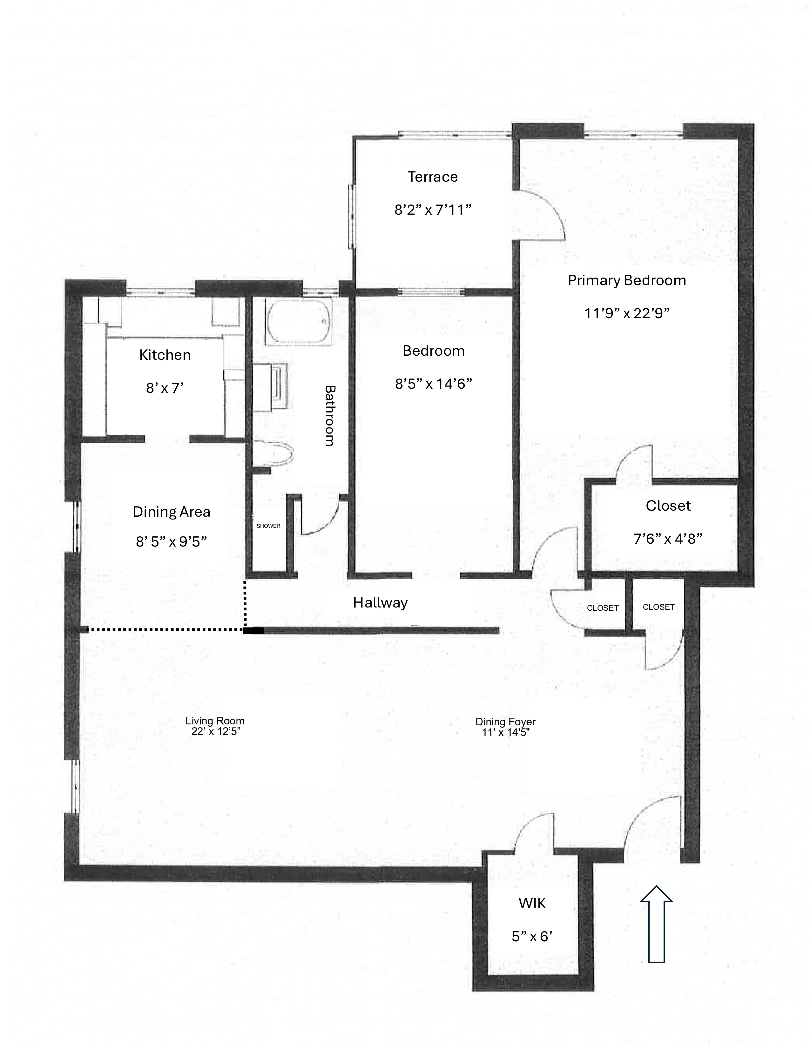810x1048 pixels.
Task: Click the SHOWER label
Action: pyautogui.click(x=268, y=526)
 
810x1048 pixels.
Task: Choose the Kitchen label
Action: pyautogui.click(x=165, y=355)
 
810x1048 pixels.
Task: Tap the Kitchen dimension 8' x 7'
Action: pyautogui.click(x=165, y=388)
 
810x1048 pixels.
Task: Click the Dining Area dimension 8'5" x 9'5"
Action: pyautogui.click(x=171, y=542)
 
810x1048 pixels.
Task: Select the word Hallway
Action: pyautogui.click(x=380, y=603)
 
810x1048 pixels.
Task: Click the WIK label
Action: pyautogui.click(x=532, y=904)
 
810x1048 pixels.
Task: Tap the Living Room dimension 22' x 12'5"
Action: pyautogui.click(x=215, y=732)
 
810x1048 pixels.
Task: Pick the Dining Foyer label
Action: pyautogui.click(x=505, y=722)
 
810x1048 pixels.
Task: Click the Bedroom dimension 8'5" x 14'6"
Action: pyautogui.click(x=433, y=384)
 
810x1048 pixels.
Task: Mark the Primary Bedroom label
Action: pyautogui.click(x=627, y=281)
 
